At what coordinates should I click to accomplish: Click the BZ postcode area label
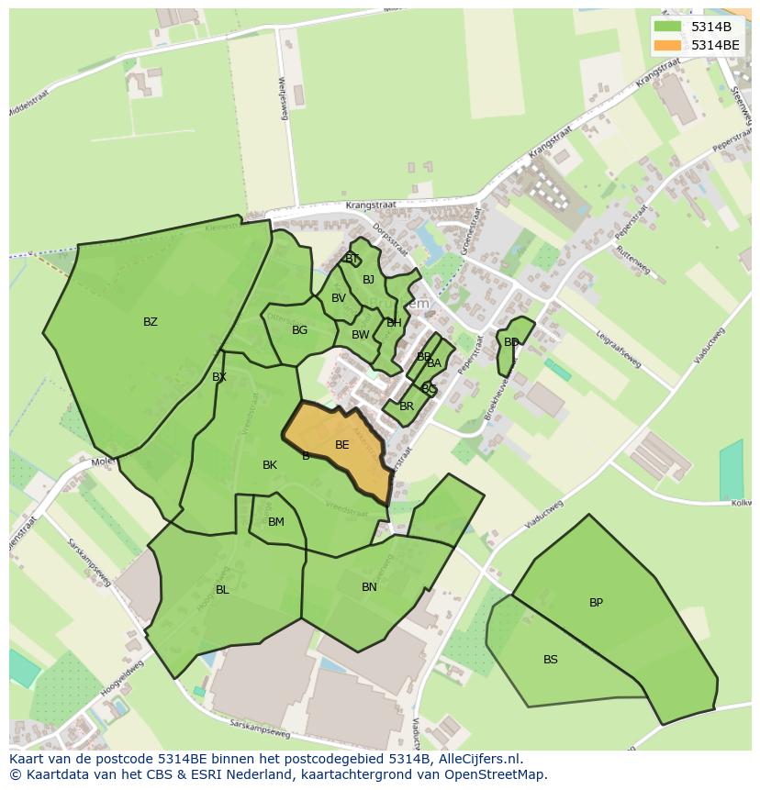pyautogui.click(x=151, y=322)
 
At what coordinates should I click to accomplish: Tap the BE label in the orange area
pyautogui.click(x=341, y=445)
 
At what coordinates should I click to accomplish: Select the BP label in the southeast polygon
pyautogui.click(x=596, y=603)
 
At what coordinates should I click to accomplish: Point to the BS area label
pyautogui.click(x=550, y=660)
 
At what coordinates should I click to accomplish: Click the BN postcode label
pyautogui.click(x=369, y=587)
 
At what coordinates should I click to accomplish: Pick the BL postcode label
pyautogui.click(x=222, y=590)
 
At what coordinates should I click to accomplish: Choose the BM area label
pyautogui.click(x=275, y=522)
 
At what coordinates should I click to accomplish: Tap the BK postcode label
pyautogui.click(x=269, y=465)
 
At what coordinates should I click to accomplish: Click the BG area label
pyautogui.click(x=299, y=330)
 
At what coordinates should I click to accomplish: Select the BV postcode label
pyautogui.click(x=339, y=298)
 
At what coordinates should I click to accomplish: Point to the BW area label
pyautogui.click(x=360, y=335)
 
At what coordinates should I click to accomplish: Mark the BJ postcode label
pyautogui.click(x=368, y=280)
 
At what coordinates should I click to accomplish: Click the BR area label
pyautogui.click(x=407, y=406)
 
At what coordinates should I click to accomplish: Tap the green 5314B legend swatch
pyautogui.click(x=667, y=27)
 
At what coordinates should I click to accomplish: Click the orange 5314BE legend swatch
pyautogui.click(x=667, y=45)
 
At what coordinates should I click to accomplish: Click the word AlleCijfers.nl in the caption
pyautogui.click(x=477, y=760)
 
